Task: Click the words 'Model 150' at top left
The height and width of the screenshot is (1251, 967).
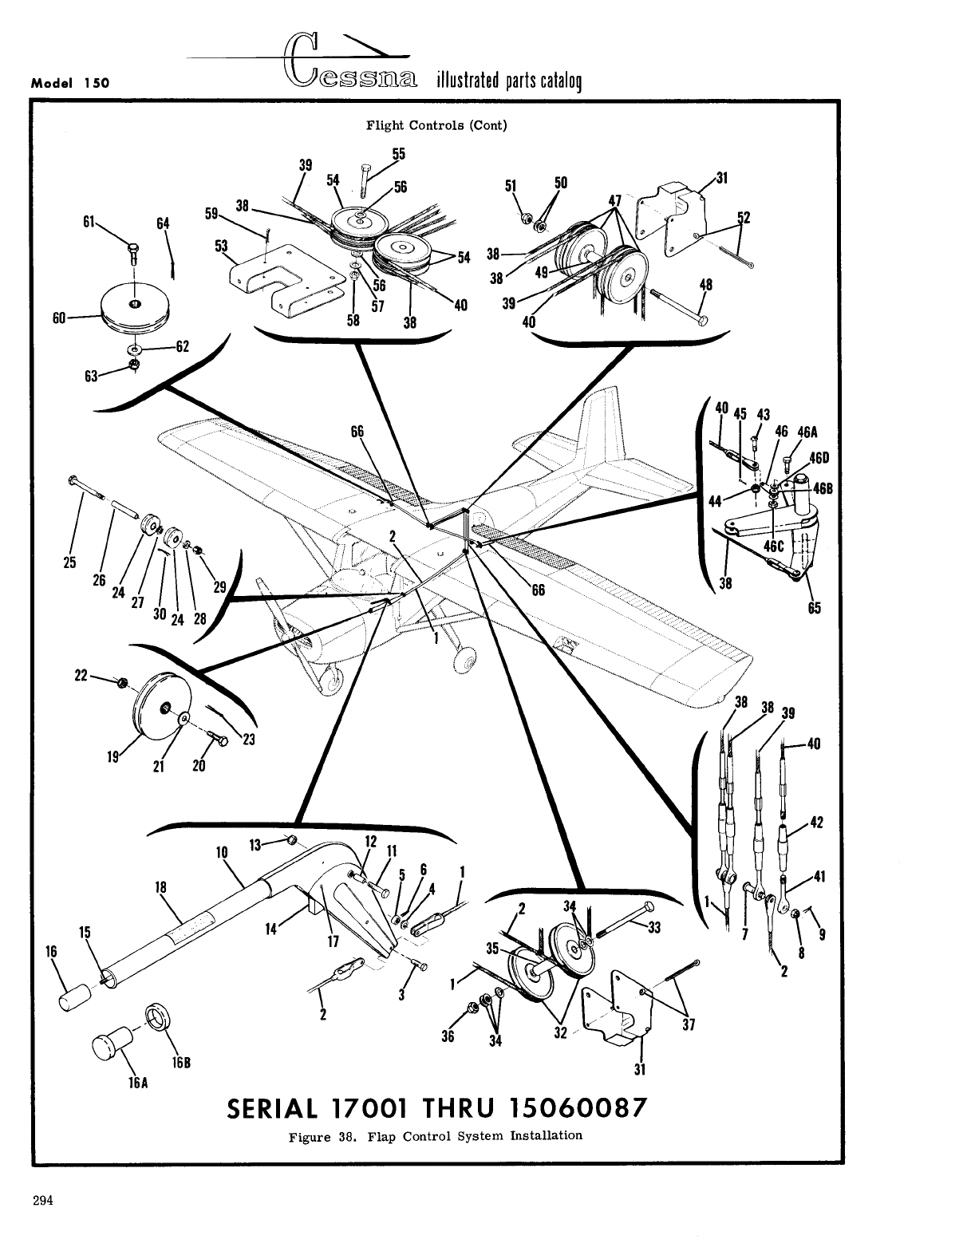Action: click(x=70, y=82)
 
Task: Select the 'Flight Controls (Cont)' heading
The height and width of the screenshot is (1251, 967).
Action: click(x=436, y=125)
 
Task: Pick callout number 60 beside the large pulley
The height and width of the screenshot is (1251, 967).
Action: click(x=57, y=318)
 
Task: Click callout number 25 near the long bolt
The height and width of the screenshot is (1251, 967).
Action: click(x=69, y=561)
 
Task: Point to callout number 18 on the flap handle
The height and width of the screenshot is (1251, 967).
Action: click(x=160, y=886)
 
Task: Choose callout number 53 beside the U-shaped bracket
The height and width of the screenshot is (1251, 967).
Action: click(x=221, y=246)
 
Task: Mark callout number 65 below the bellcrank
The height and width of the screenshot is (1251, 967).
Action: click(x=813, y=607)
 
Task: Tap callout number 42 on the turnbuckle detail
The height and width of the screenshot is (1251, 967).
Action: click(x=815, y=822)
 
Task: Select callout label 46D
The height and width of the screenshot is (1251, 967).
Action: click(x=820, y=458)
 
